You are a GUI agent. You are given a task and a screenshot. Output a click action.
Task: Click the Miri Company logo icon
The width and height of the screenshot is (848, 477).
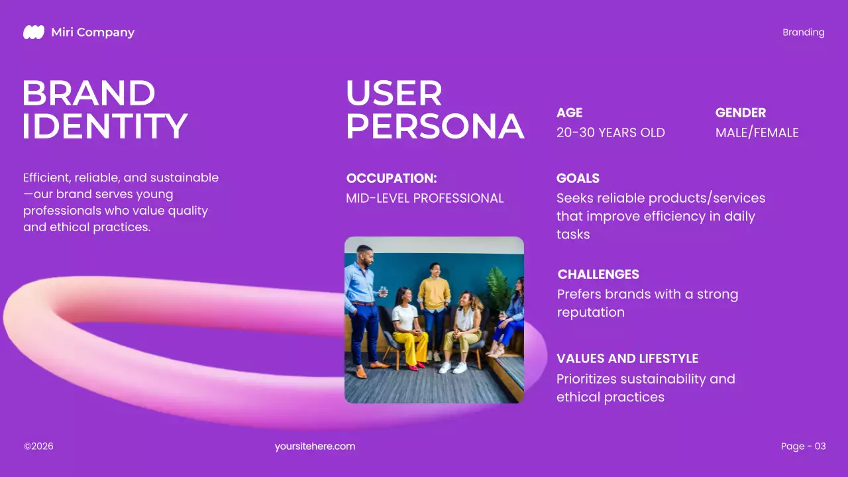(x=34, y=32)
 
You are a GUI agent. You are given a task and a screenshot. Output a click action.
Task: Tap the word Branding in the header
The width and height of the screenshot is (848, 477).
(x=803, y=32)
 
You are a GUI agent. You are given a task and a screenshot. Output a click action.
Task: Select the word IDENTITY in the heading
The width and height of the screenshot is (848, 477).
(x=105, y=127)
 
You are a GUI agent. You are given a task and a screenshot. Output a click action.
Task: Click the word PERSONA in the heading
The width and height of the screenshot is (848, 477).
(x=435, y=127)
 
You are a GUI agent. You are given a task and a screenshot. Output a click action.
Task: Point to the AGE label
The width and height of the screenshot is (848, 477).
(x=569, y=113)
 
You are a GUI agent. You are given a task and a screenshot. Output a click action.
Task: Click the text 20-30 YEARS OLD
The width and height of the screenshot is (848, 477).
(x=610, y=132)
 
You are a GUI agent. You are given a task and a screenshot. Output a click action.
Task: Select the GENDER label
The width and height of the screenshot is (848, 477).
(x=740, y=113)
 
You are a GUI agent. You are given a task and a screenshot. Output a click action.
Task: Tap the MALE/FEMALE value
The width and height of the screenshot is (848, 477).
(x=757, y=132)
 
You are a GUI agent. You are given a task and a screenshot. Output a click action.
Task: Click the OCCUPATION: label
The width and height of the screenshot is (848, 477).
(x=392, y=178)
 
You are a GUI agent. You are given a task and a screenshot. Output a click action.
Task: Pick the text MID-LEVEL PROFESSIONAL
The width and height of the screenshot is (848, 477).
(x=425, y=198)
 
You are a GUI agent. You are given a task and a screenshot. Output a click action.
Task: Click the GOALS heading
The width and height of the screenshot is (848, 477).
(x=578, y=178)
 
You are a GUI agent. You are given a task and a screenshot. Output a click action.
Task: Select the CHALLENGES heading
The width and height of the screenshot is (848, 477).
(x=598, y=274)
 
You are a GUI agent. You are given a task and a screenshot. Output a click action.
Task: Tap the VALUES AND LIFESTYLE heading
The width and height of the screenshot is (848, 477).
(x=627, y=358)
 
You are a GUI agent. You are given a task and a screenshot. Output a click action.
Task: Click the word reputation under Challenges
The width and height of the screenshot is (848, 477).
(x=590, y=312)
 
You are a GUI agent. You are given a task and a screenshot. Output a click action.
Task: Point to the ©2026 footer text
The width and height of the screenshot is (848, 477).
(x=38, y=447)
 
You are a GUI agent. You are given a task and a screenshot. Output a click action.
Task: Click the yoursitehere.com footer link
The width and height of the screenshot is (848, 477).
(x=315, y=447)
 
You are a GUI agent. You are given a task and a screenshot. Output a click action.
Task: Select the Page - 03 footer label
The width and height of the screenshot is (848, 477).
(x=803, y=447)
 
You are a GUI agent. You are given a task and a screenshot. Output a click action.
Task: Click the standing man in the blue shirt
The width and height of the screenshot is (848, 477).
(x=363, y=298)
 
